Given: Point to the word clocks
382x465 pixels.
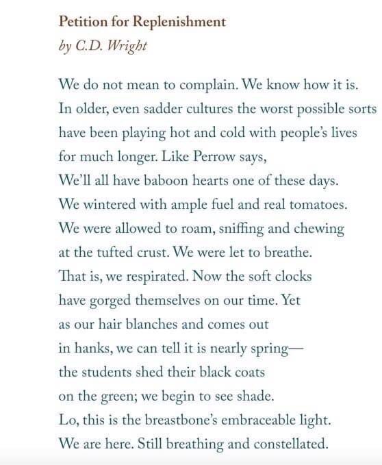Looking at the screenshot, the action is (293, 276).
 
